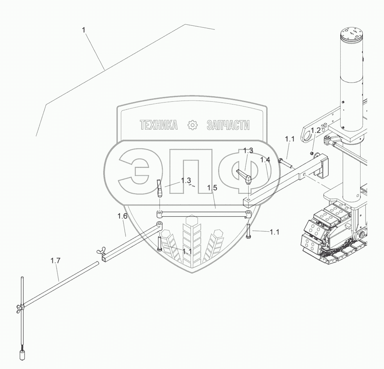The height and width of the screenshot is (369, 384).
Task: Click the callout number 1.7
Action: tap(56, 261)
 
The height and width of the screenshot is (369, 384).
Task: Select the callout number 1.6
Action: tap(122, 216)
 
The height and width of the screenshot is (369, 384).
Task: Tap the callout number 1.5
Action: tap(212, 188)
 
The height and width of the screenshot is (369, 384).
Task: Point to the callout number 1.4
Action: tap(265, 160)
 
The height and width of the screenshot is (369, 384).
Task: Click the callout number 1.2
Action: tap(316, 130)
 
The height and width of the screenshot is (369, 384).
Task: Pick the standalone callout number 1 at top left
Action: tap(84, 30)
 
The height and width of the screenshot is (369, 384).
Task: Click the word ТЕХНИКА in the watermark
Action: tap(159, 125)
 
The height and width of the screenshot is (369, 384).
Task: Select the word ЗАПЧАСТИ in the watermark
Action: tap(228, 125)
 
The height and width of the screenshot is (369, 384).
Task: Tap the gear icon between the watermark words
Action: tap(192, 125)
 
